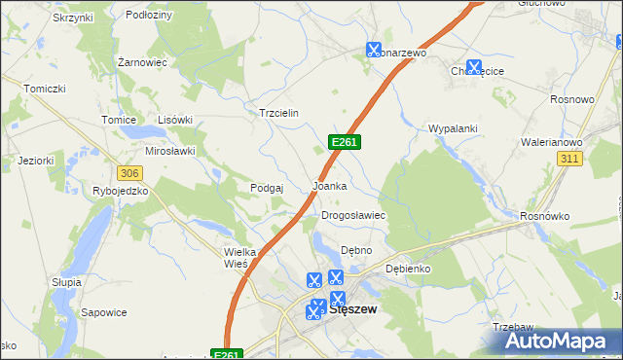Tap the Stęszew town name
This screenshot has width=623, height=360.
tap(353, 310)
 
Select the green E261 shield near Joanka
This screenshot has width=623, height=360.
tap(346, 142)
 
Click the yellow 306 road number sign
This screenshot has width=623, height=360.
tap(128, 172)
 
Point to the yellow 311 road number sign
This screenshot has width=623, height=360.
tap(569, 158)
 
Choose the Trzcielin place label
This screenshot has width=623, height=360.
tap(277, 113)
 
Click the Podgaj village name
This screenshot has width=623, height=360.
tap(266, 188)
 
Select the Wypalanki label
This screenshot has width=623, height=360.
tap(451, 128)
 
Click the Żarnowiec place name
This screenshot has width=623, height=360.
tap(142, 61)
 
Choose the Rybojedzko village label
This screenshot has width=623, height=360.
tap(120, 191)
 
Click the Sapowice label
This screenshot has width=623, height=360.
tap(104, 312)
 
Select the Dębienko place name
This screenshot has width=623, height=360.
tap(408, 268)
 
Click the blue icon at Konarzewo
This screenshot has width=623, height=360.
tap(374, 49)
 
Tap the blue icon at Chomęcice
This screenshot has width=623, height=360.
tap(474, 67)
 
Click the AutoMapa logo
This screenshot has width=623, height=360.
tap(559, 341)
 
